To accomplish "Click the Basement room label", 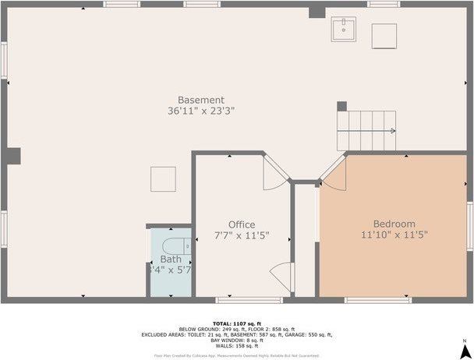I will tap(201, 100).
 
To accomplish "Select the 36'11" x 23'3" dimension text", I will tap(201, 111).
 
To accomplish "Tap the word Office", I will tap(242, 224).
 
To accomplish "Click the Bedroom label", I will tap(394, 224).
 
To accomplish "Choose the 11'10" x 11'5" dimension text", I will tap(394, 235).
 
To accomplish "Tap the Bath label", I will tap(171, 259).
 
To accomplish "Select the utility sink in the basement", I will tap(341, 31).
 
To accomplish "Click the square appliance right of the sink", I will tap(384, 36).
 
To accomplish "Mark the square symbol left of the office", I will tap(163, 178).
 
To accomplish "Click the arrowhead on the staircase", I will tap(392, 131).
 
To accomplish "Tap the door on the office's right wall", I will tap(281, 276).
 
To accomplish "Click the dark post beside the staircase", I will tap(341, 106).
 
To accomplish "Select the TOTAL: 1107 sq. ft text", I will tap(236, 323).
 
